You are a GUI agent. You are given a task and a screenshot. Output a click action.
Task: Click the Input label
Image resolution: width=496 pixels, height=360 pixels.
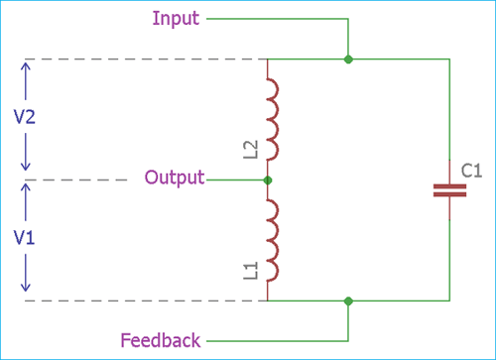pyautogui.click(x=178, y=18)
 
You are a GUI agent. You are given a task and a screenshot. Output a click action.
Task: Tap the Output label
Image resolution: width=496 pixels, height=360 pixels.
pyautogui.click(x=174, y=179)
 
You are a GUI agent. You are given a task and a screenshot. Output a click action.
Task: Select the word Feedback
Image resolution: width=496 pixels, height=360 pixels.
pyautogui.click(x=160, y=340)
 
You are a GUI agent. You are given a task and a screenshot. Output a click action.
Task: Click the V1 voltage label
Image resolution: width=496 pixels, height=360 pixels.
pyautogui.click(x=27, y=239)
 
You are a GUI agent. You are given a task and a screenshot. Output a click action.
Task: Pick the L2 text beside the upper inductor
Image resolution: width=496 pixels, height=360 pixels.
pyautogui.click(x=251, y=149)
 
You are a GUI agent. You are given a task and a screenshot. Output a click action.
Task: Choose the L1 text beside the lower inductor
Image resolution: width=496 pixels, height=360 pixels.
pyautogui.click(x=251, y=269)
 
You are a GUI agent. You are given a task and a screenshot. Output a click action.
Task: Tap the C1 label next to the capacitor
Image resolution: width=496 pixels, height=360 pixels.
pyautogui.click(x=471, y=171)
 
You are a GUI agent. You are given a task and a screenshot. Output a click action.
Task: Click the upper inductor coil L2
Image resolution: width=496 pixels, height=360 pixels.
pyautogui.click(x=271, y=120)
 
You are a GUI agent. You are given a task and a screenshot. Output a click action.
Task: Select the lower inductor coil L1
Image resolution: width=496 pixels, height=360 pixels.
pyautogui.click(x=271, y=240)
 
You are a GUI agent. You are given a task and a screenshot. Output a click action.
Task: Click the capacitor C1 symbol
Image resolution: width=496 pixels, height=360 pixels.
pyautogui.click(x=449, y=190)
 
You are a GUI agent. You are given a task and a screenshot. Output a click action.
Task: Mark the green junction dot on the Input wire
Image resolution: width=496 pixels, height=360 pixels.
pyautogui.click(x=347, y=60)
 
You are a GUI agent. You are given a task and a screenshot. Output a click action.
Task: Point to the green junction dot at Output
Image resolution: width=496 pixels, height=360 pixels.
pyautogui.click(x=268, y=180)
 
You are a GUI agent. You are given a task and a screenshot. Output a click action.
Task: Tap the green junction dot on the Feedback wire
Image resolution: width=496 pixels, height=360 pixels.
pyautogui.click(x=347, y=300)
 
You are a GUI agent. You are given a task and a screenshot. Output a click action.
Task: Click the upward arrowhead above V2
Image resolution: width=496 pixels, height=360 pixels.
pyautogui.click(x=27, y=64)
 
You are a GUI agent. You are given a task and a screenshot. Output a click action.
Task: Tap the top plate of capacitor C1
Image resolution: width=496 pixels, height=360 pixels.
pyautogui.click(x=449, y=184)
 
